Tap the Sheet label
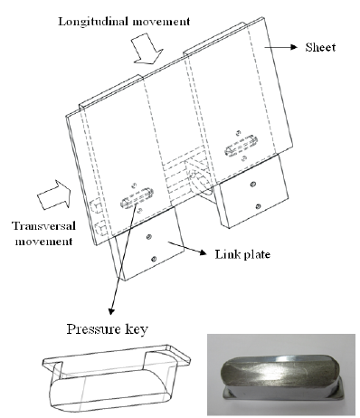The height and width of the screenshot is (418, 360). tap(320, 47)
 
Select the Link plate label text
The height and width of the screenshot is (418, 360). tap(242, 254)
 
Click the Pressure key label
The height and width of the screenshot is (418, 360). tap(108, 329)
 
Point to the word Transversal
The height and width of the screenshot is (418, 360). tap(43, 226)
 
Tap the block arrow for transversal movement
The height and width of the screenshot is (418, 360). tap(54, 195)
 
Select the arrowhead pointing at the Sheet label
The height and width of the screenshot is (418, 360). tap(294, 47)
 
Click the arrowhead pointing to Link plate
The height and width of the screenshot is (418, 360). tap(203, 252)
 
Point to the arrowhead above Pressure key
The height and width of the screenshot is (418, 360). tap(111, 310)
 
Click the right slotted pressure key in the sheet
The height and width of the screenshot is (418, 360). tap(241, 146)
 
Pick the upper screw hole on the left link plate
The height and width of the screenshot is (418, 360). tap(148, 237)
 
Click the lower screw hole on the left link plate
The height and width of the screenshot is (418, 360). tap(154, 259)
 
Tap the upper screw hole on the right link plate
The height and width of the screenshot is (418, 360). tap(252, 184)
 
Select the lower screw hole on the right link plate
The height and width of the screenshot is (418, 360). tap(258, 206)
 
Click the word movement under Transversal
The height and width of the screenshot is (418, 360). tap(43, 242)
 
